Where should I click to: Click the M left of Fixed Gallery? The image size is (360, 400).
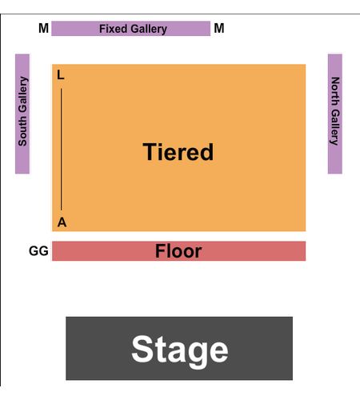tap(43, 28)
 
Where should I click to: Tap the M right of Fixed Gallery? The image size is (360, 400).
tap(219, 28)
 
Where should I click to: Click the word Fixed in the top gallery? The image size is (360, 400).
tap(110, 29)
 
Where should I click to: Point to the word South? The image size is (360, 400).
tap(22, 130)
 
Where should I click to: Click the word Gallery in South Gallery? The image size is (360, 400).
tap(23, 94)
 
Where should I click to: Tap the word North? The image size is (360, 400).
tap(335, 91)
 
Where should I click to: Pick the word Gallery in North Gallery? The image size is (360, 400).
tap(334, 127)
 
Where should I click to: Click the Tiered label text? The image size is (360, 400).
tap(178, 152)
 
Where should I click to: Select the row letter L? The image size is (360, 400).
tap(61, 75)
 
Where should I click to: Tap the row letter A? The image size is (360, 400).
tap(62, 222)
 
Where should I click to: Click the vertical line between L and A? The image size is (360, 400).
tap(61, 150)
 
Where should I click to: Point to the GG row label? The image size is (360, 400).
tap(38, 251)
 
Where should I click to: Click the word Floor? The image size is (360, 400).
tap(178, 251)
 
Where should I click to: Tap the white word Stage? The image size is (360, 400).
tap(180, 350)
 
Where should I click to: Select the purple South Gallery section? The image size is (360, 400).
tap(22, 114)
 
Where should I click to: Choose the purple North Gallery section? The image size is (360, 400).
tap(335, 114)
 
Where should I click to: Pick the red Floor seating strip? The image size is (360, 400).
tap(179, 251)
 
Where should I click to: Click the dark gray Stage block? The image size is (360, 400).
tap(179, 348)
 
